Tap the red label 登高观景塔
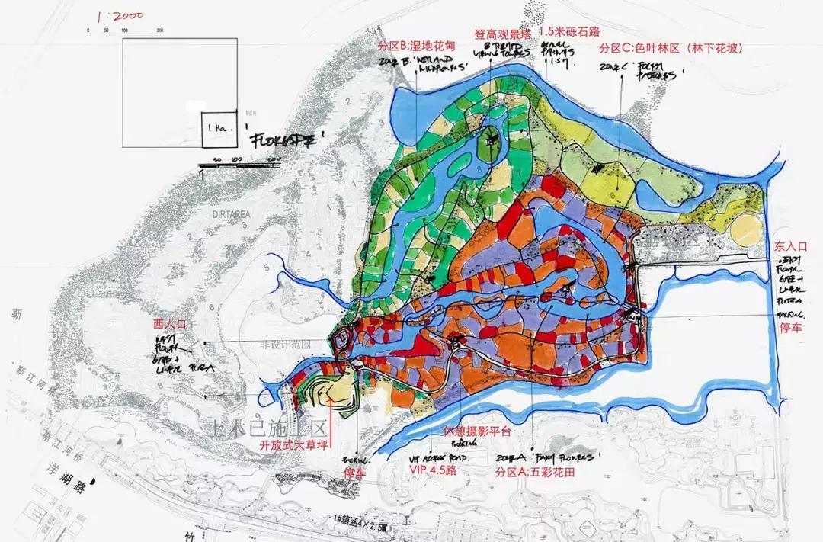pos(502,35)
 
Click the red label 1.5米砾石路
pos(568,32)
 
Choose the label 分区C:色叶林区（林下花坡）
pos(671,47)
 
